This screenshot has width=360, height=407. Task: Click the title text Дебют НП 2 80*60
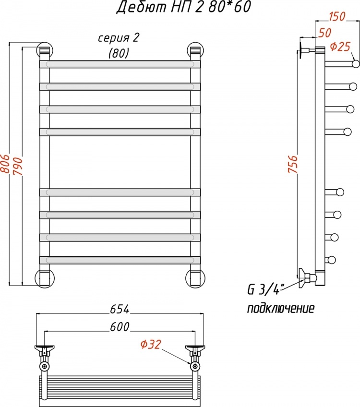click(183, 7)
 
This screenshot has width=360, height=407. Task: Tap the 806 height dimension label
click(5, 164)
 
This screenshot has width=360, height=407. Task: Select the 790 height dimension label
click(18, 166)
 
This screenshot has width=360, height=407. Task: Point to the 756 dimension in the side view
click(293, 164)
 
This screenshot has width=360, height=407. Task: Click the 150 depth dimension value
click(337, 16)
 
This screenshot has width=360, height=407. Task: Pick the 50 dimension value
click(324, 33)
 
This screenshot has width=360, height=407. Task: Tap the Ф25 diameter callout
click(340, 47)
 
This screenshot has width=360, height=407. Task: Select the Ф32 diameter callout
click(151, 344)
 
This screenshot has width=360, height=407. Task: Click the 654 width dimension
click(120, 309)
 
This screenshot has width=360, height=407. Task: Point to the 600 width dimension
click(120, 327)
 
